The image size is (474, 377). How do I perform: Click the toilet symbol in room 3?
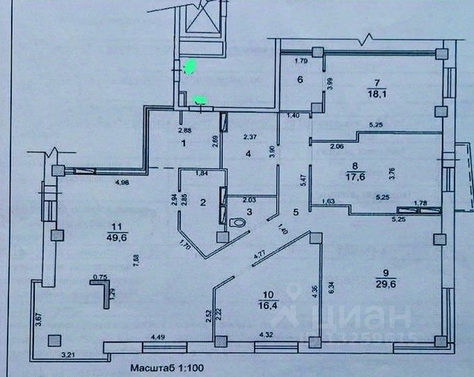(237, 223)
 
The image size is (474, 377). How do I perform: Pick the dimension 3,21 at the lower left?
(68, 355)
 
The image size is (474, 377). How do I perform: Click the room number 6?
(300, 80)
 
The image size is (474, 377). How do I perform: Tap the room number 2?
(202, 203)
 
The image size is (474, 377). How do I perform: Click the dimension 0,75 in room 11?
(98, 276)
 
